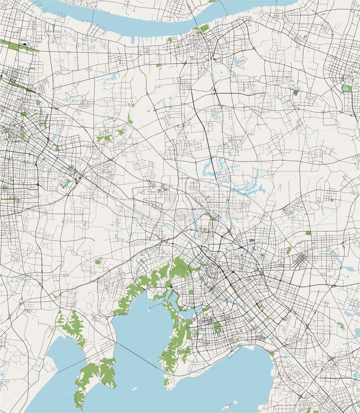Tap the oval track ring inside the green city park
pos(217,329)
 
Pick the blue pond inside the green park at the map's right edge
pos(346,89)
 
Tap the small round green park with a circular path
pos(98,262)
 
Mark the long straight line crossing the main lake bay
pos(138,355)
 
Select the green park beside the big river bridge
pos(202,29)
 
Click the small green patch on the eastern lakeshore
pos(272,353)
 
